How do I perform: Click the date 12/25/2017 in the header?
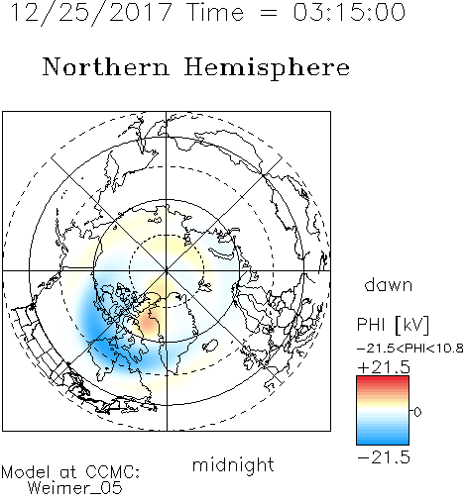[x=91, y=13]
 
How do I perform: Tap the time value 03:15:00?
[x=349, y=12]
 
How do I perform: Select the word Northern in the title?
[x=106, y=66]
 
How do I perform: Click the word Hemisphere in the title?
[x=267, y=68]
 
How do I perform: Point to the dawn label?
[x=389, y=284]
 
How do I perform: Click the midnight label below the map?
[x=233, y=465]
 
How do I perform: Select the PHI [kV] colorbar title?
[x=393, y=325]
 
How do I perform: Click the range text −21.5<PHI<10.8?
[x=410, y=349]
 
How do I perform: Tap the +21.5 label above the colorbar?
[x=384, y=367]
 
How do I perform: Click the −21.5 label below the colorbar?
[x=384, y=457]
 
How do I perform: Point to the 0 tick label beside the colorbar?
[x=417, y=412]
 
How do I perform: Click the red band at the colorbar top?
[x=383, y=380]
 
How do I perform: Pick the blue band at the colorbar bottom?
[x=383, y=439]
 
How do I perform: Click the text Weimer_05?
[x=75, y=487]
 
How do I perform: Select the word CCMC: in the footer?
[x=113, y=472]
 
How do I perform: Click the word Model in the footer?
[x=26, y=472]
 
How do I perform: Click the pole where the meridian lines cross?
[x=167, y=271]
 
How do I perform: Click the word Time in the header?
[x=215, y=13]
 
